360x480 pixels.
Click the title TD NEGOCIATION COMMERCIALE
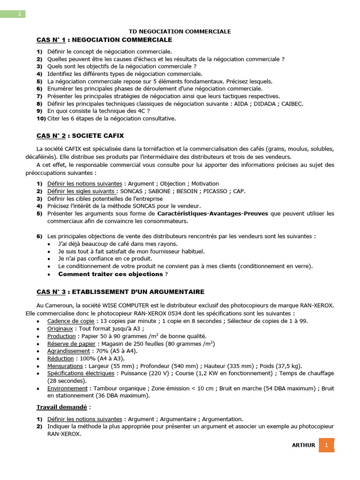(x=180, y=31)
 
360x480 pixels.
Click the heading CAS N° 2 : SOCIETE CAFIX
(x=80, y=136)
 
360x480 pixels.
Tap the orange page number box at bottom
(x=326, y=445)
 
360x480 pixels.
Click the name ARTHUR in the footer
(x=303, y=445)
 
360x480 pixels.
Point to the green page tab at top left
(x=13, y=14)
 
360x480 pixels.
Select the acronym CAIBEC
(x=292, y=104)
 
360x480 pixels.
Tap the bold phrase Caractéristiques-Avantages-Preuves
(x=213, y=214)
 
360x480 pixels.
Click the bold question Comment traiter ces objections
(x=110, y=274)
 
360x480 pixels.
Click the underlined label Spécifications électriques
(x=81, y=374)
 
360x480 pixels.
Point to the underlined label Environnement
(x=67, y=389)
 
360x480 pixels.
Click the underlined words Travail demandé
(x=61, y=407)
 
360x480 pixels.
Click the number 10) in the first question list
(x=41, y=119)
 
